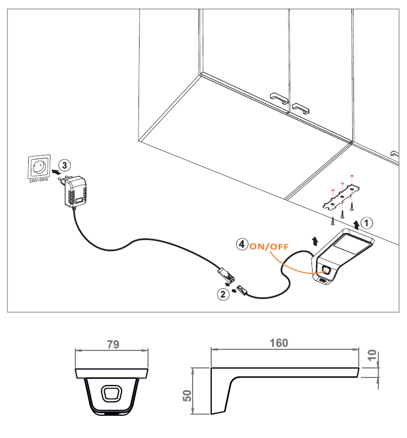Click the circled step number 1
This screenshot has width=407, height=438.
coord(367,222)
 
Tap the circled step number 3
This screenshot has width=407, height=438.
coord(63,165)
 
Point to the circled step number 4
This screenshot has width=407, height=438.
coord(242,245)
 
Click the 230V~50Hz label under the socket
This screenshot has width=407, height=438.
coord(39,181)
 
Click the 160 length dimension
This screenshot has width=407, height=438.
coord(279,343)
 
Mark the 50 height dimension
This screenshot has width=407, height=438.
coord(187,396)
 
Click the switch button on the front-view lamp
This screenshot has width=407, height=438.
coord(111,393)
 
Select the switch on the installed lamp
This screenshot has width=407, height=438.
coord(326,271)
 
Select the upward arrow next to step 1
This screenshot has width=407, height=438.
coord(356,225)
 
